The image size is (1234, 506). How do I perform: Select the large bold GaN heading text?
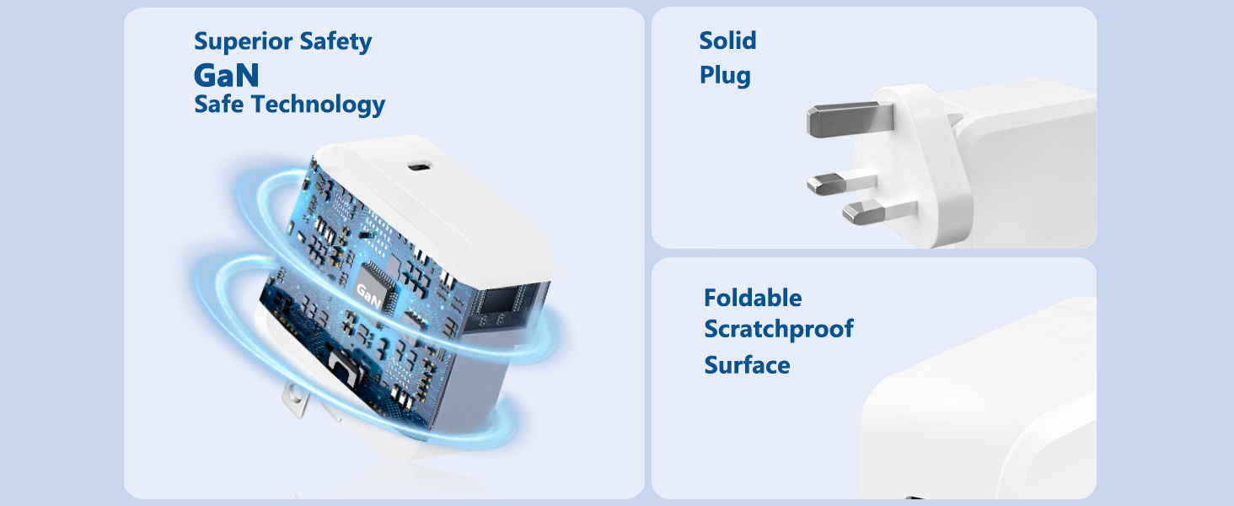point(227,75)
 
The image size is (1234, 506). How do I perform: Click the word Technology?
point(319,105)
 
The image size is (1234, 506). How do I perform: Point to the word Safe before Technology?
point(218,105)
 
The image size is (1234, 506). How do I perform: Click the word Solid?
point(727,40)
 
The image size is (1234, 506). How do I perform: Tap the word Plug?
point(725,76)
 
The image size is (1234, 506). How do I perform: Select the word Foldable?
point(753,299)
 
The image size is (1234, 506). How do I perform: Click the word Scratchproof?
point(778,330)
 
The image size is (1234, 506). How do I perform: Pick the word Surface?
point(747,365)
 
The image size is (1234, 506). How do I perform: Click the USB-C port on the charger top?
point(421,166)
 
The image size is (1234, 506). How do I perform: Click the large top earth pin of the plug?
point(849,119)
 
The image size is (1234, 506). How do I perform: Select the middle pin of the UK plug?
point(841,184)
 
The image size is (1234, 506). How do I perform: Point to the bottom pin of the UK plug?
point(878,212)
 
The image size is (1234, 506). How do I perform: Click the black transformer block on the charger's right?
point(507,306)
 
